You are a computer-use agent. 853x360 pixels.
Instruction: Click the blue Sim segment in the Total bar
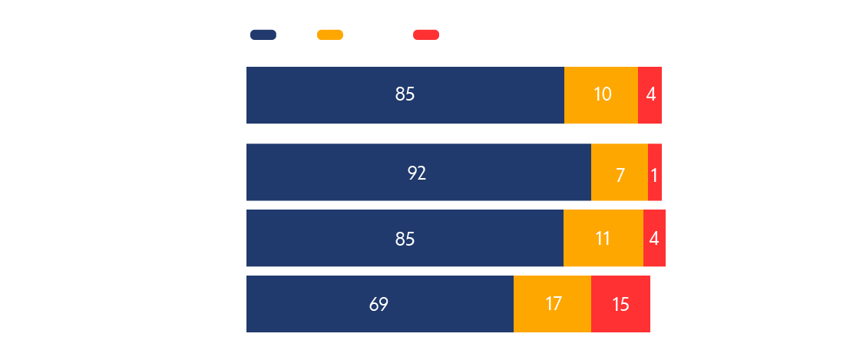click(405, 95)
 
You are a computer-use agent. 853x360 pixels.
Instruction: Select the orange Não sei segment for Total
click(601, 95)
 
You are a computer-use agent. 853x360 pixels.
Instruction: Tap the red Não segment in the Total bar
click(650, 95)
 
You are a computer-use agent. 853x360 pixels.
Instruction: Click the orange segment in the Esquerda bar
click(620, 173)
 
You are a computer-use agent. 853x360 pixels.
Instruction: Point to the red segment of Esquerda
click(655, 173)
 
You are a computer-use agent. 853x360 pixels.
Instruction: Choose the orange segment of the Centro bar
click(603, 239)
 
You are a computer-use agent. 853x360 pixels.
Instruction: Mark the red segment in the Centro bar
click(654, 239)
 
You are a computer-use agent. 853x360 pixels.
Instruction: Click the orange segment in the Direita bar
click(552, 304)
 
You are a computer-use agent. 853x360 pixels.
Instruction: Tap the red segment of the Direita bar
click(620, 304)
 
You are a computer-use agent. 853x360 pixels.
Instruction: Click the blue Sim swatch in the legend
click(263, 35)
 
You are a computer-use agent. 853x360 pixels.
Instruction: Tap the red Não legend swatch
click(425, 35)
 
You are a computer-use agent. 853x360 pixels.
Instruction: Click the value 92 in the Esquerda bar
click(417, 173)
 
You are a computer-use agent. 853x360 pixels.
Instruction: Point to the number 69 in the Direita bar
click(379, 304)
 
